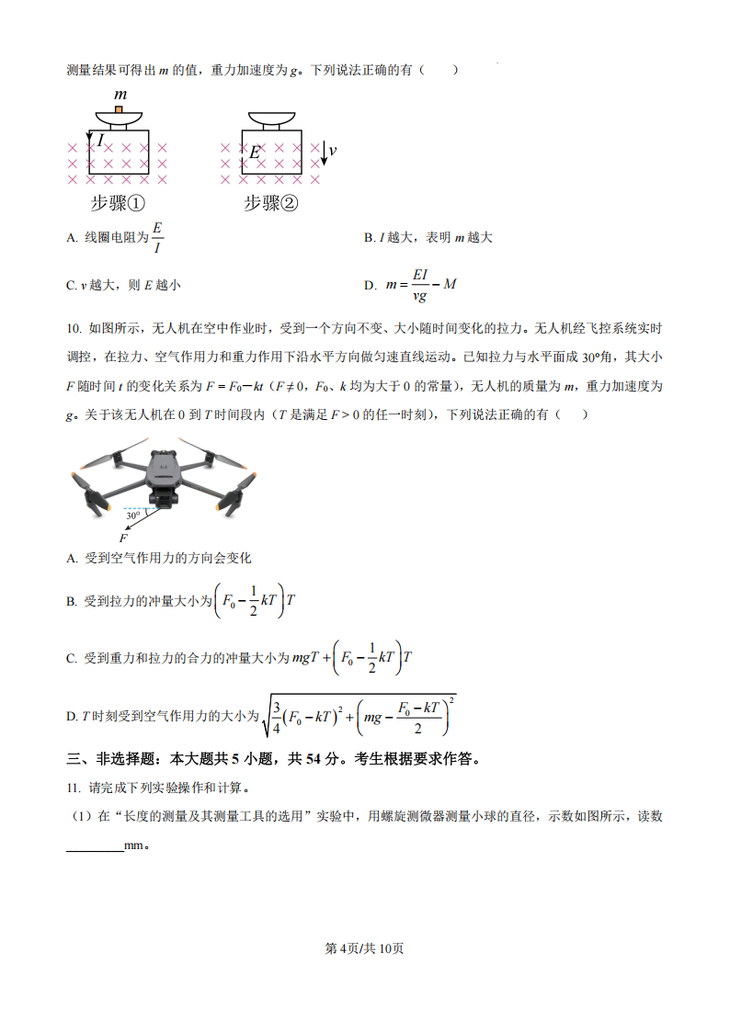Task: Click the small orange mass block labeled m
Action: point(119,108)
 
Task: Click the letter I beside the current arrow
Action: point(100,141)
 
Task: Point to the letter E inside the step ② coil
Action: point(255,153)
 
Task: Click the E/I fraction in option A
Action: point(157,237)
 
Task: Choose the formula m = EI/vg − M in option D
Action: point(420,284)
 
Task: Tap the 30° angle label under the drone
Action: point(132,516)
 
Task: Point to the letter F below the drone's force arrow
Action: point(123,538)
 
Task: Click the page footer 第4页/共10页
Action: point(365,948)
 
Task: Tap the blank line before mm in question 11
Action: point(95,845)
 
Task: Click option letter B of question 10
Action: point(71,601)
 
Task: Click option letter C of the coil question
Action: point(71,285)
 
